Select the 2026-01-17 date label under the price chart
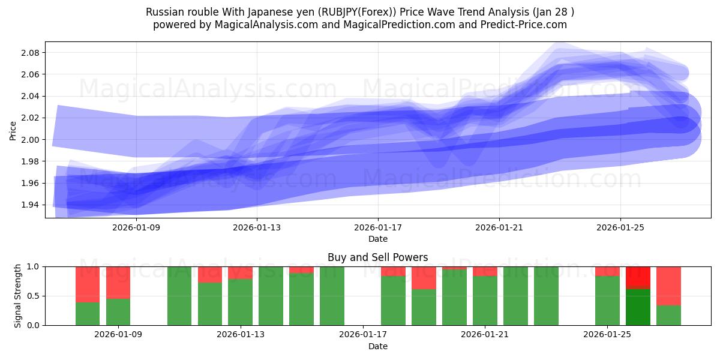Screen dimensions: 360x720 coord(378,227)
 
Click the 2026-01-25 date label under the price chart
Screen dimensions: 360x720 coord(620,227)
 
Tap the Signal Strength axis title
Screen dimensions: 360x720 coord(18,296)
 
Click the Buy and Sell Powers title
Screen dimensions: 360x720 coord(378,257)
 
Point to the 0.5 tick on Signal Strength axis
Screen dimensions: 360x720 coord(33,296)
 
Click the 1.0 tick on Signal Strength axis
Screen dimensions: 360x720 coord(33,266)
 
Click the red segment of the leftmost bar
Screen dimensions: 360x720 coord(88,284)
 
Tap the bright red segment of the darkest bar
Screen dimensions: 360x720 coord(638,277)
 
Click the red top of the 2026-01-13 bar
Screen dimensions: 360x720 coord(240,272)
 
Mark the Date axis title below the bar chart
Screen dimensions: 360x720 coord(378,346)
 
